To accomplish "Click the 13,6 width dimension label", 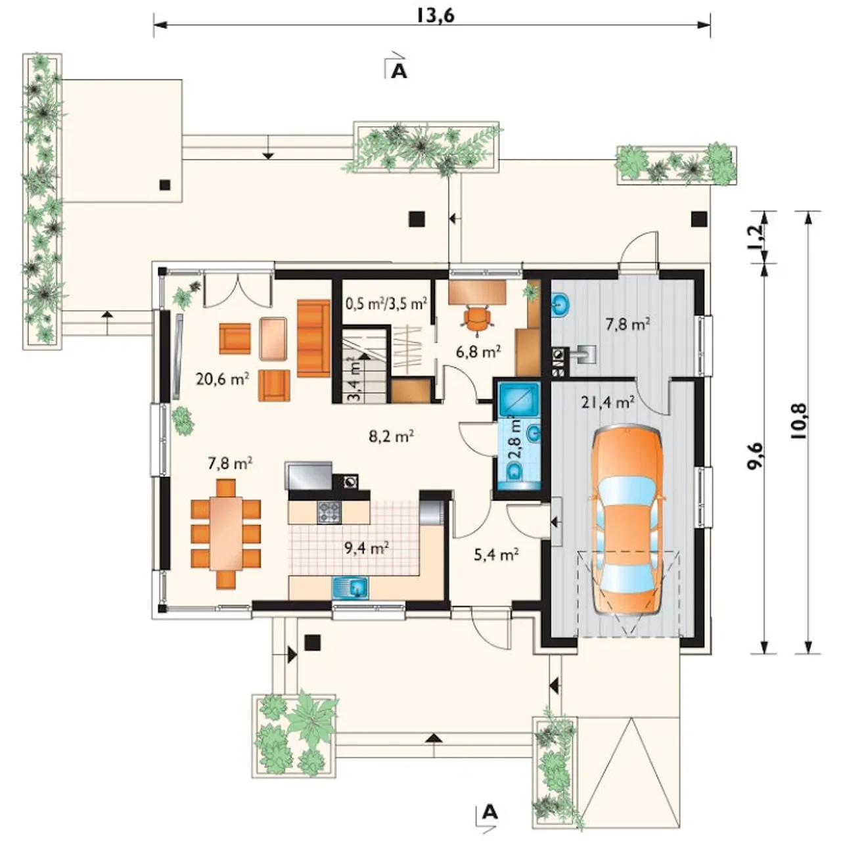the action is (x=435, y=16).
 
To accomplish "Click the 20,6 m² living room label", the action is (x=223, y=378).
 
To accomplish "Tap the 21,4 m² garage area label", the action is (x=608, y=402).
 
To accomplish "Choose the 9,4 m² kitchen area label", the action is (x=367, y=547).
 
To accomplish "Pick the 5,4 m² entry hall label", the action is (x=496, y=555).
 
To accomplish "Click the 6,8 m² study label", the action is (x=478, y=351).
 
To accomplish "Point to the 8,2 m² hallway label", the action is (x=392, y=436).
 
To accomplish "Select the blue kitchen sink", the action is (x=350, y=587).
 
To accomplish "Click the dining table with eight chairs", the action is (x=226, y=534).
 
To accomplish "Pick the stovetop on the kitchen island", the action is (x=329, y=512).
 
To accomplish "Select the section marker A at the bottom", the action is (x=491, y=812).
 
